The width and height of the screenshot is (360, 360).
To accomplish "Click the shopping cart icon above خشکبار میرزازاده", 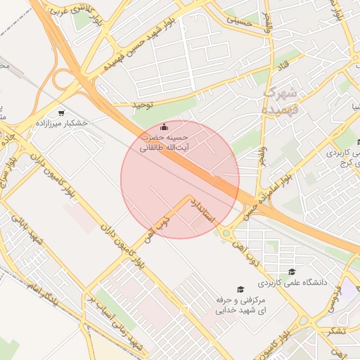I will [61, 112].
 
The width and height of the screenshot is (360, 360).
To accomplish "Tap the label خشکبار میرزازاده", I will [61, 122].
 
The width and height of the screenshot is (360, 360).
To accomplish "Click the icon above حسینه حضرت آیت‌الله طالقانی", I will [165, 127].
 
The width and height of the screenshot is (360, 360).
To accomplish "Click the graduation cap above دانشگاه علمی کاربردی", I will [292, 272].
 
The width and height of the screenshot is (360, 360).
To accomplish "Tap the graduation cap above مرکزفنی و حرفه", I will [240, 290].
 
